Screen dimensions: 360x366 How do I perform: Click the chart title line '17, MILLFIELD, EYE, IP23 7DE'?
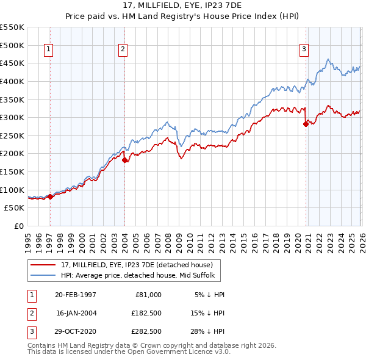[x=183, y=5]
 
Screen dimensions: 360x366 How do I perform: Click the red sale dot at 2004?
[x=124, y=160]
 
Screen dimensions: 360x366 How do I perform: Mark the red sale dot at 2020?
[x=306, y=124]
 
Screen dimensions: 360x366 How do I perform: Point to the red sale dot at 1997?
[x=50, y=196]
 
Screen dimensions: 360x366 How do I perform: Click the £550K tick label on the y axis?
[x=12, y=27]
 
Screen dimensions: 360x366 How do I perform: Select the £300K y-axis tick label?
[x=12, y=117]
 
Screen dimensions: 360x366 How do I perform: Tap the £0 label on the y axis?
[x=19, y=226]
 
